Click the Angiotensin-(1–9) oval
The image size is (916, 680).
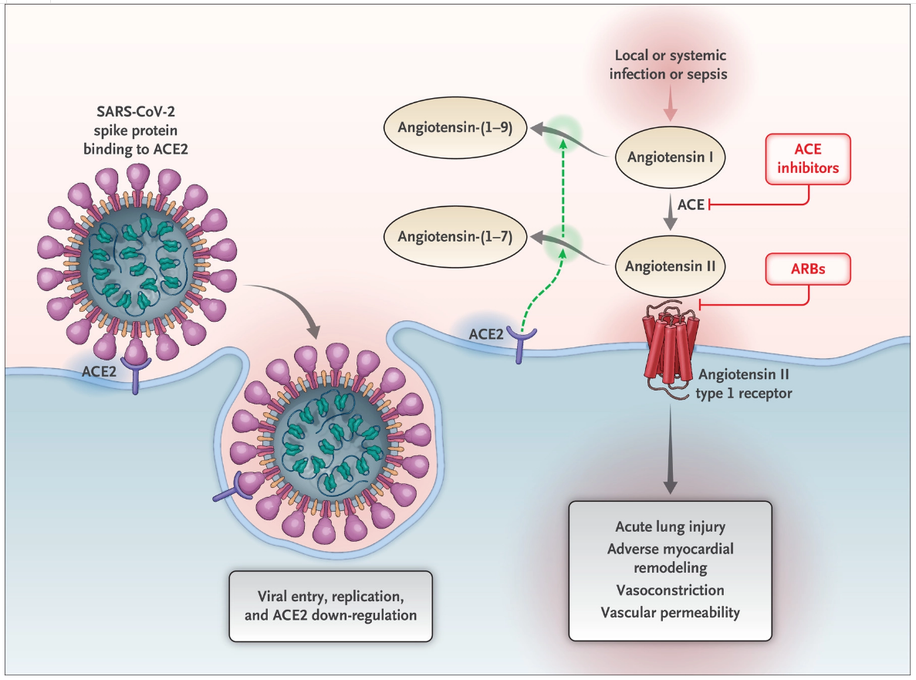[455, 127]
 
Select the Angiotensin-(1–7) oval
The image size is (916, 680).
[455, 237]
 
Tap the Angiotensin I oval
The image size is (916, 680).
[670, 157]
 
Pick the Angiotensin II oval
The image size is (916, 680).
[670, 266]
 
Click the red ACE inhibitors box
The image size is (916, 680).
[808, 159]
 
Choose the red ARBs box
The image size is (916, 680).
[808, 269]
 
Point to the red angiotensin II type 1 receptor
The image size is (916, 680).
[671, 350]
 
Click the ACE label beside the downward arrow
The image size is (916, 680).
[691, 205]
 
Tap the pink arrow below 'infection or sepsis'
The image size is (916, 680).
[670, 103]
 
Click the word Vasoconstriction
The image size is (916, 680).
[670, 590]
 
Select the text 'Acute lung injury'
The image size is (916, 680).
[670, 527]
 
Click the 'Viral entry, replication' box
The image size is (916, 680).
[330, 607]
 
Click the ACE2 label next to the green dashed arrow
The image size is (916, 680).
[486, 334]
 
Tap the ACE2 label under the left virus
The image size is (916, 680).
[99, 371]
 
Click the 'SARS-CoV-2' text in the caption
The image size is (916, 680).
[136, 112]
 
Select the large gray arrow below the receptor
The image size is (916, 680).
[670, 450]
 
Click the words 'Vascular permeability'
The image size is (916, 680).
[670, 613]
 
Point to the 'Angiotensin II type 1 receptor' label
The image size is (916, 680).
[744, 384]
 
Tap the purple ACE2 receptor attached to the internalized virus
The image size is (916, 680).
[235, 489]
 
